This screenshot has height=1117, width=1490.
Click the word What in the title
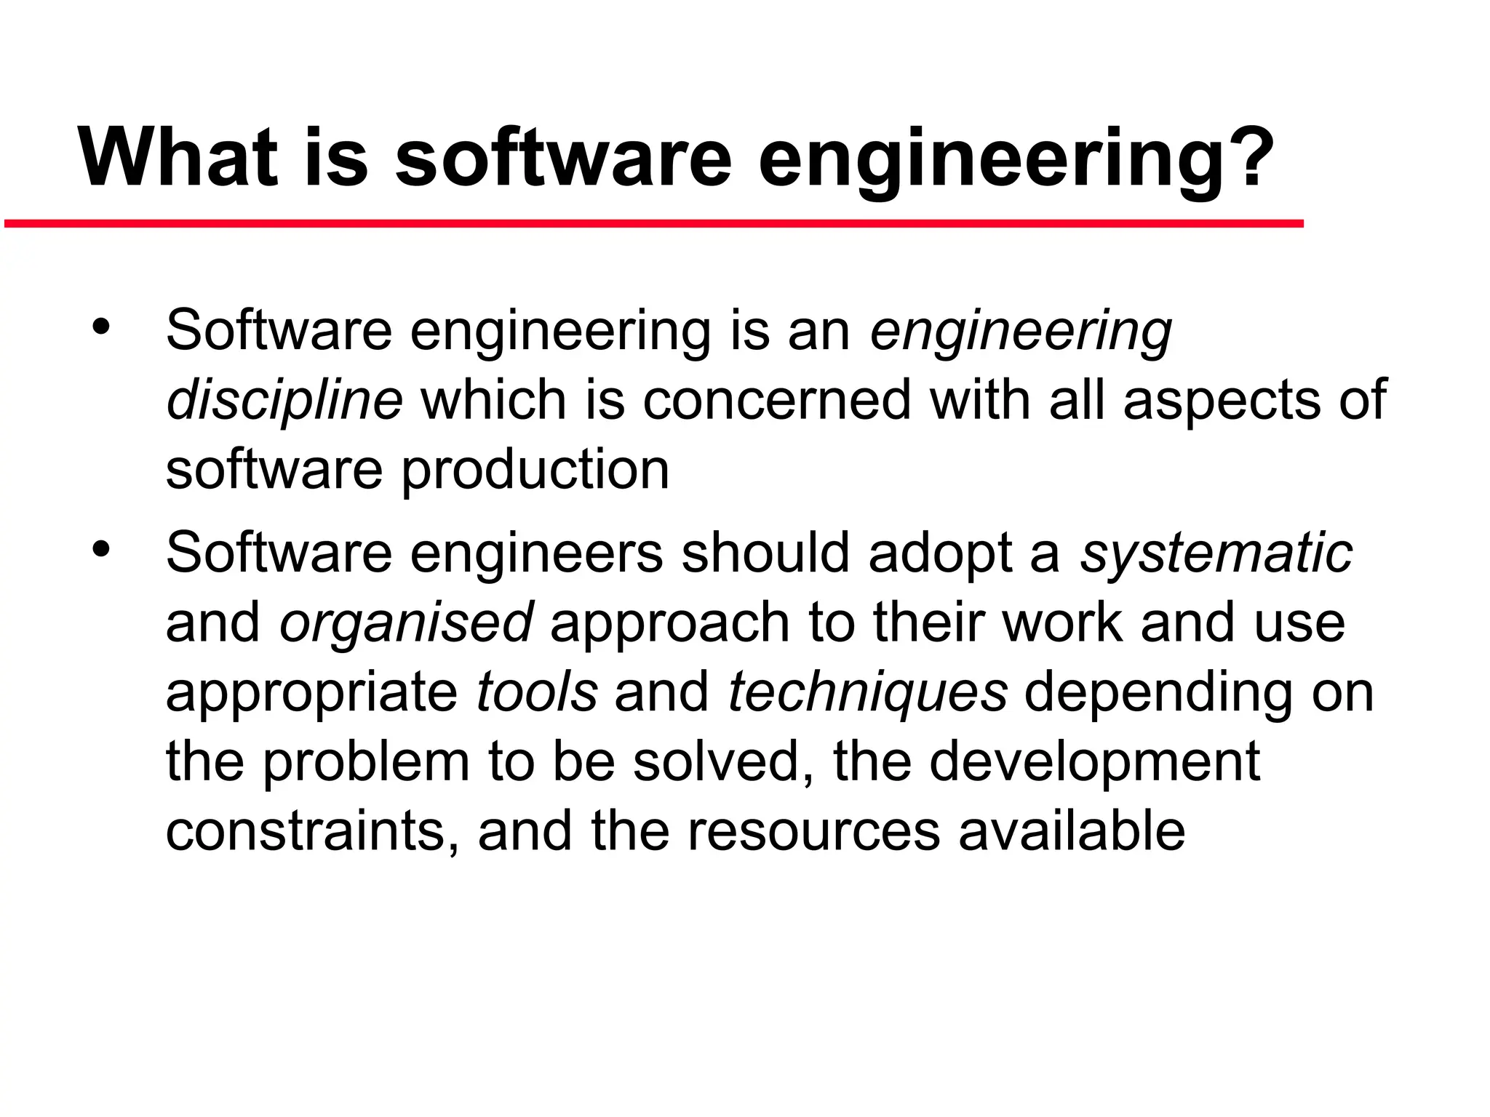(178, 158)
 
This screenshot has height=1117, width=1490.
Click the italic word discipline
(284, 401)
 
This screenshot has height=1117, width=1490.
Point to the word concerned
(776, 401)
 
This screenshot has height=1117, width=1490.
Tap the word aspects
(1222, 401)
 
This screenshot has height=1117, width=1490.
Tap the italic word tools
(537, 692)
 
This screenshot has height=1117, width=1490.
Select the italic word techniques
(867, 692)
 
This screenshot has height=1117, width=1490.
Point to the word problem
(365, 762)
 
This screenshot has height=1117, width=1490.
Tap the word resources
(813, 831)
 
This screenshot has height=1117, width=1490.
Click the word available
(1072, 831)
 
